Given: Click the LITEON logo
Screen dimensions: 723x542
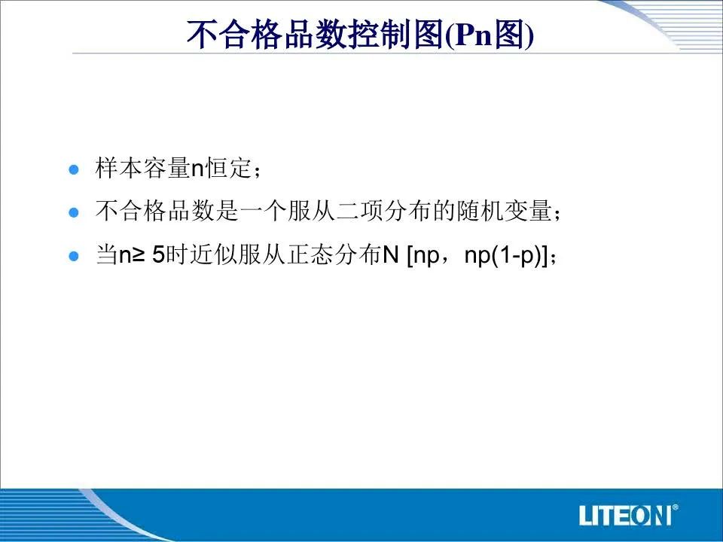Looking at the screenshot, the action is (625, 515).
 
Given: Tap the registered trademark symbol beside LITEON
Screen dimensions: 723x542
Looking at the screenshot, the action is (676, 507).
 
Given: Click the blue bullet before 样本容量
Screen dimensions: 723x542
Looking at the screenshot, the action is (74, 169).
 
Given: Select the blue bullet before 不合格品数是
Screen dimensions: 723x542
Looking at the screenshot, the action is (74, 212).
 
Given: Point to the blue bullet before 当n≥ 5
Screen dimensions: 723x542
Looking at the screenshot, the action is (74, 256).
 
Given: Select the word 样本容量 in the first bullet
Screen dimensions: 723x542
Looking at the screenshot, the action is (143, 168).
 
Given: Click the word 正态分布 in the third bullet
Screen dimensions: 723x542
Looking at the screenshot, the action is (335, 254).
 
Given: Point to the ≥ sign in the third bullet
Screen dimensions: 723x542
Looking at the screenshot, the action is (139, 255).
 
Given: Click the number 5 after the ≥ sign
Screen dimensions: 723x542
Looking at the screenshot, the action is (159, 255).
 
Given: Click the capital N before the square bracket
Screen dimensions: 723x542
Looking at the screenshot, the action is (391, 255).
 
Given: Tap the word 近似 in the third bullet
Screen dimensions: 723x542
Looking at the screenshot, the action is (213, 254).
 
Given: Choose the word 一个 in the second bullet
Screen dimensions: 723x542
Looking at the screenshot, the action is (264, 211).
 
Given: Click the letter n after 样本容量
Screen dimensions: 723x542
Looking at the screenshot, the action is (197, 169).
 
